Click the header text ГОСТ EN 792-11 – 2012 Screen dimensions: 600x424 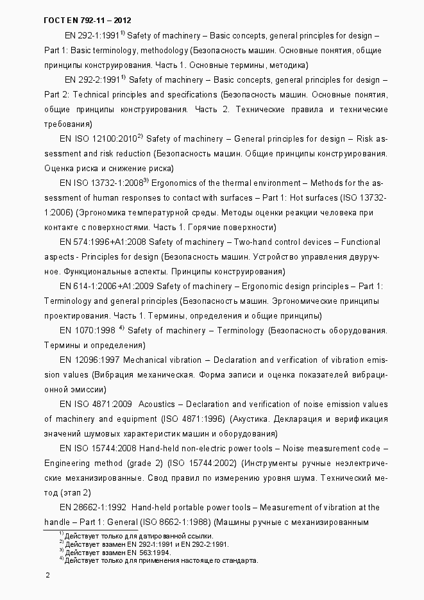(87, 21)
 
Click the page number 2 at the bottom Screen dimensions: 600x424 (47, 576)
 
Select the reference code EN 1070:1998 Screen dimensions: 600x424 (87, 331)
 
